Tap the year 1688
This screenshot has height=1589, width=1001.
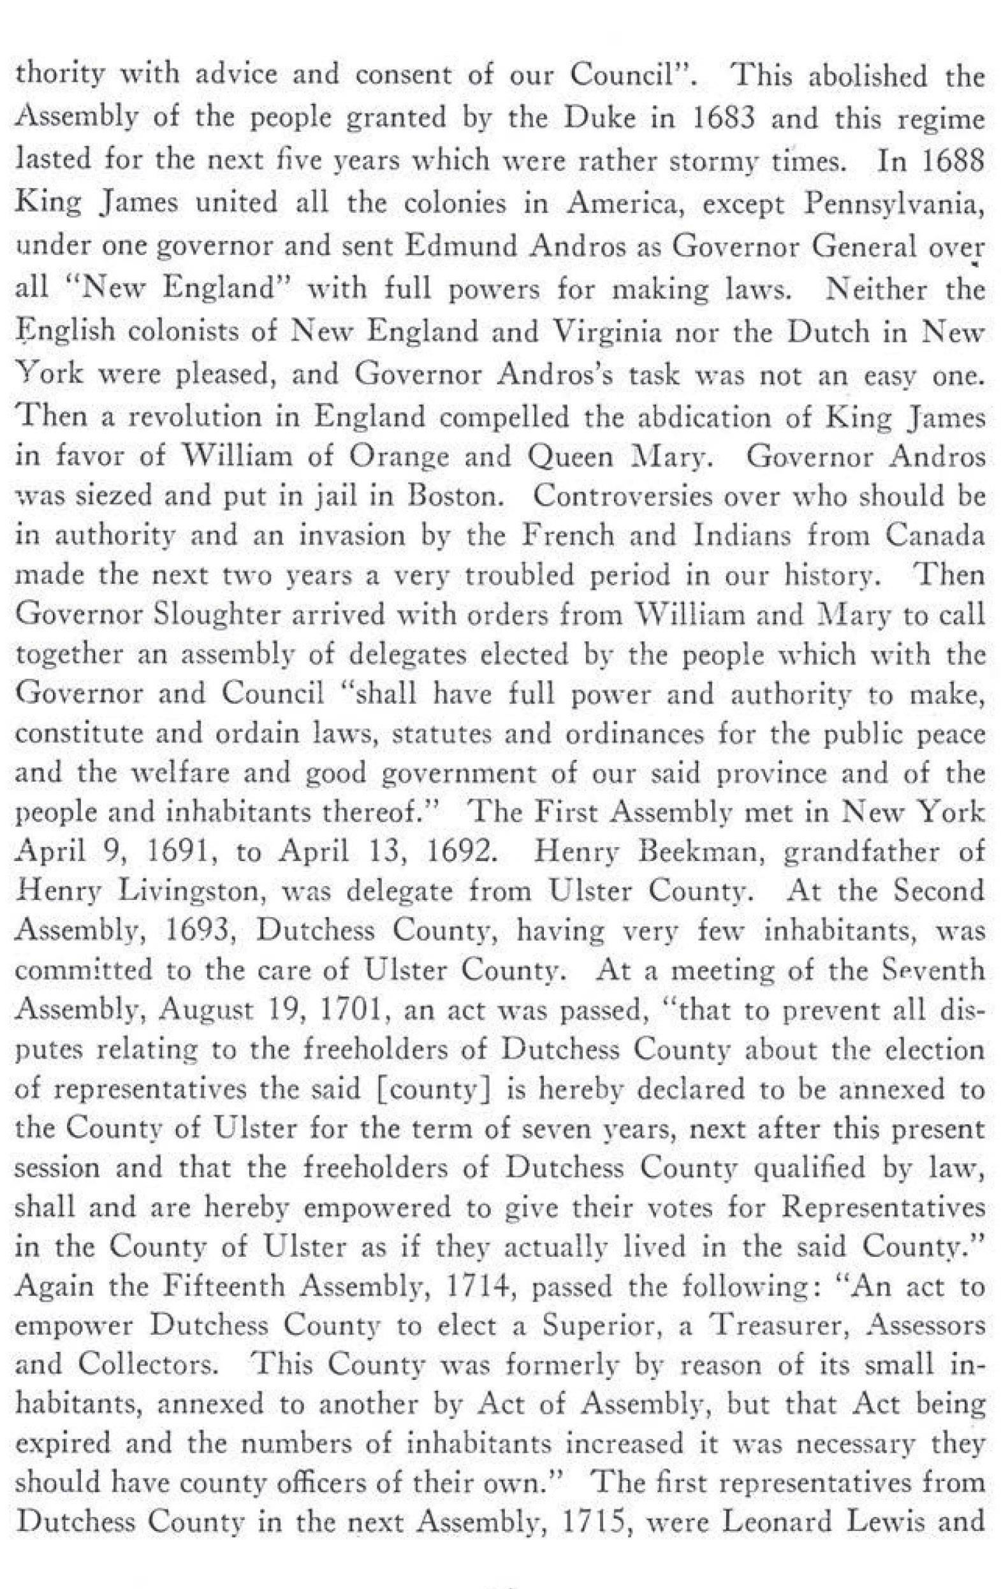[949, 161]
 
